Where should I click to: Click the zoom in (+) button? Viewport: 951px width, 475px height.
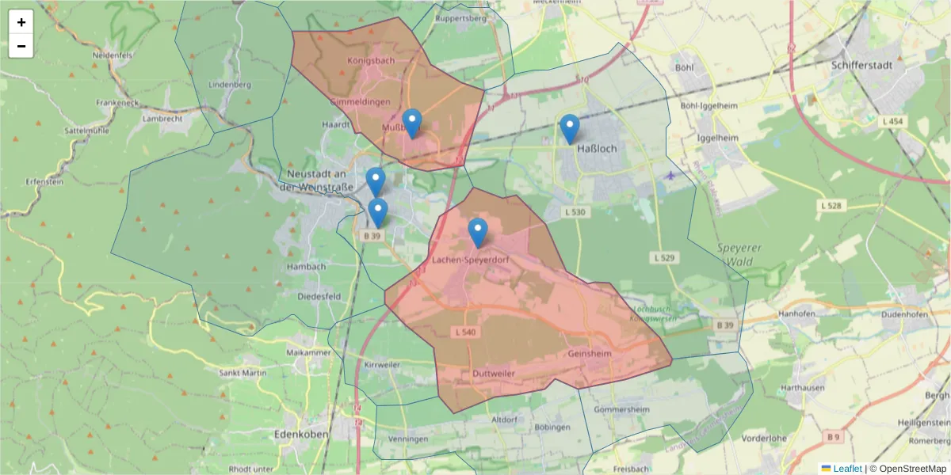(21, 22)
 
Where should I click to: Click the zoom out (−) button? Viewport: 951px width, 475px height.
(21, 46)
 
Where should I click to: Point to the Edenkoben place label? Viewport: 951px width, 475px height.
(300, 434)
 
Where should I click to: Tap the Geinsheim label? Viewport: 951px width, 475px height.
(590, 354)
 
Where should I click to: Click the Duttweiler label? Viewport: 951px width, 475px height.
(493, 373)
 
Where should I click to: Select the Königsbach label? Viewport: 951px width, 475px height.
(371, 60)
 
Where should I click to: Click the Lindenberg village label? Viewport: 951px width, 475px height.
(229, 84)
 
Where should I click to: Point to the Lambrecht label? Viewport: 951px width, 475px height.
(162, 119)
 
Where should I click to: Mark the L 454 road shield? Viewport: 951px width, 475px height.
(890, 120)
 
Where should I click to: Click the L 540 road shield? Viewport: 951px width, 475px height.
(466, 332)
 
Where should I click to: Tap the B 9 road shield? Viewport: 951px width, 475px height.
(832, 436)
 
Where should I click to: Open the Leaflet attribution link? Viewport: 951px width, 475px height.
(846, 469)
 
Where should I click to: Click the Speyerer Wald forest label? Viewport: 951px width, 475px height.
(739, 254)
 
